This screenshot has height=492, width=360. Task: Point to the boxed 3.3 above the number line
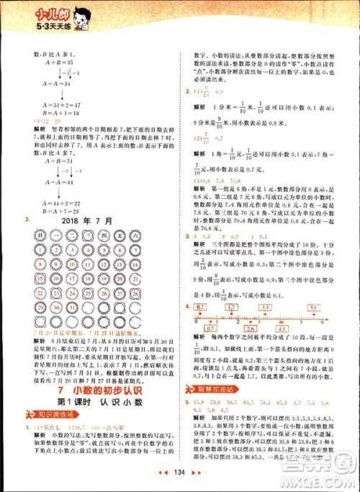click(266, 308)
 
